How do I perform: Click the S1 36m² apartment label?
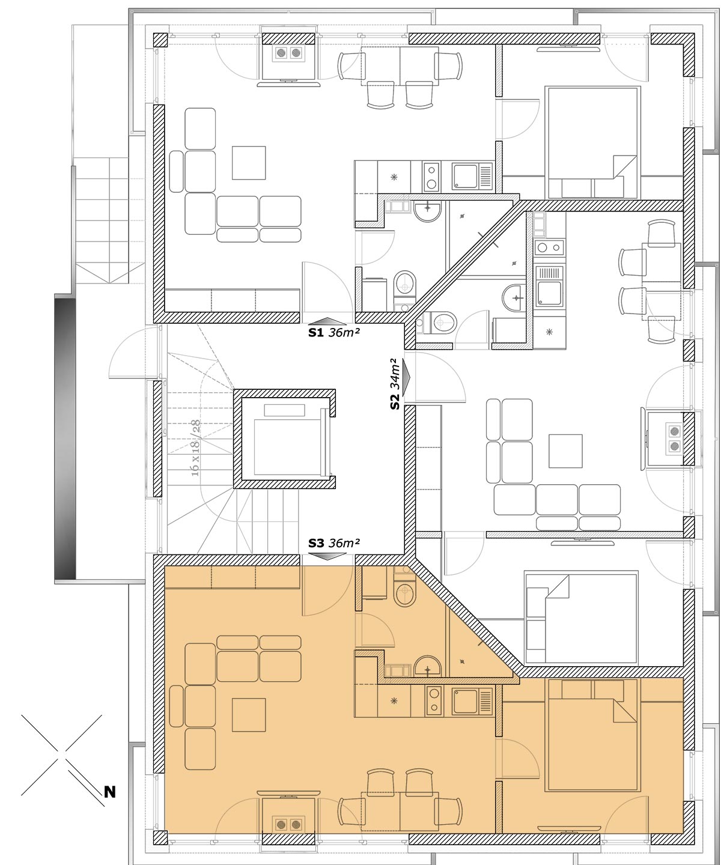(334, 332)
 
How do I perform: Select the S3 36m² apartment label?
(334, 542)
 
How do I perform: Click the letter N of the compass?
(109, 792)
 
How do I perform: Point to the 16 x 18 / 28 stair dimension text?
(195, 448)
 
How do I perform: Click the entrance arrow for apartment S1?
(327, 321)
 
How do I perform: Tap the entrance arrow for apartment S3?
(327, 556)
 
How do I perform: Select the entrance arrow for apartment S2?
(406, 377)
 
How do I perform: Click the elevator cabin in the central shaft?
(287, 447)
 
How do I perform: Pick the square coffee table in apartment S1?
(249, 163)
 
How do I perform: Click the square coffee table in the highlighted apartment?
(249, 715)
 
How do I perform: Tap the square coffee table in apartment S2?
(565, 451)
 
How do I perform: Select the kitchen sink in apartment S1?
(472, 176)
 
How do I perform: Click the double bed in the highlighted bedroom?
(592, 735)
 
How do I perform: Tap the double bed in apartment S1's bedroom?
(592, 142)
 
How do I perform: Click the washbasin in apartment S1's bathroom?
(427, 211)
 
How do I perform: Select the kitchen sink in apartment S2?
(549, 286)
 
